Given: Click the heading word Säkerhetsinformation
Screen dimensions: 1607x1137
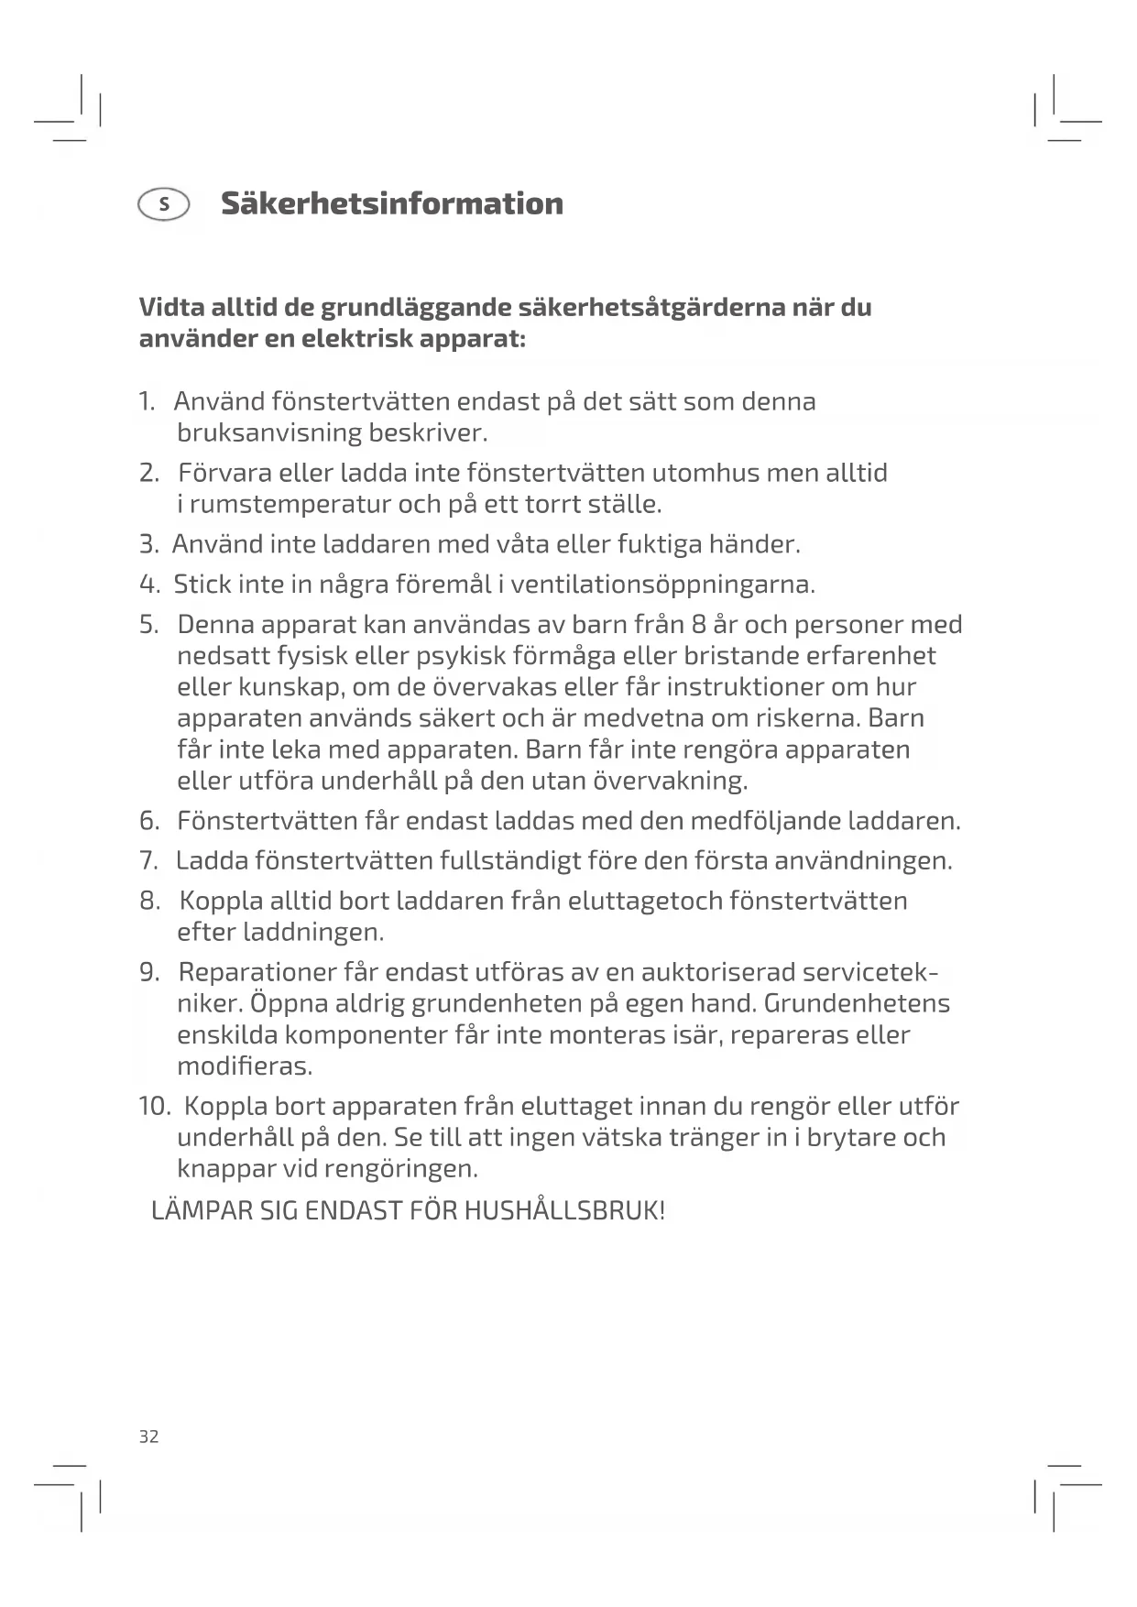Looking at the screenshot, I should coord(391,203).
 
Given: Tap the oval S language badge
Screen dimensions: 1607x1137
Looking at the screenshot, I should coord(164,204).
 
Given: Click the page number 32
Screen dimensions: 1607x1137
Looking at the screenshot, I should coord(148,1437).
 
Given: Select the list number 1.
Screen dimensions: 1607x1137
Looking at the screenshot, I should coord(146,401).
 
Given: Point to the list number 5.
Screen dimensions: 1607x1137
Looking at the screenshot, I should coord(148,625).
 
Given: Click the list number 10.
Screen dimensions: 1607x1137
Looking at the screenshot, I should coord(154,1106).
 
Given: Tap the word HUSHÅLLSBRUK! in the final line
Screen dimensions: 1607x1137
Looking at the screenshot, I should coord(564,1210).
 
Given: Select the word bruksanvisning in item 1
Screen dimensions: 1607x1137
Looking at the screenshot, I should coord(268,432).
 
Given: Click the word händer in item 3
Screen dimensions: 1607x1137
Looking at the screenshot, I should coord(760,544).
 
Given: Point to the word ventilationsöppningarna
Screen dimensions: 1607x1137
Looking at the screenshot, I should coord(662,585).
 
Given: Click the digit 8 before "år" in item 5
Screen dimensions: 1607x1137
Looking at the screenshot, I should coord(699,625).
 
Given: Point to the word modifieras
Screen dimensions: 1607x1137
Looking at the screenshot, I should coord(245,1066).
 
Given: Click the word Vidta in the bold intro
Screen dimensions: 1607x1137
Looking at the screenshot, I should coord(171,307).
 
